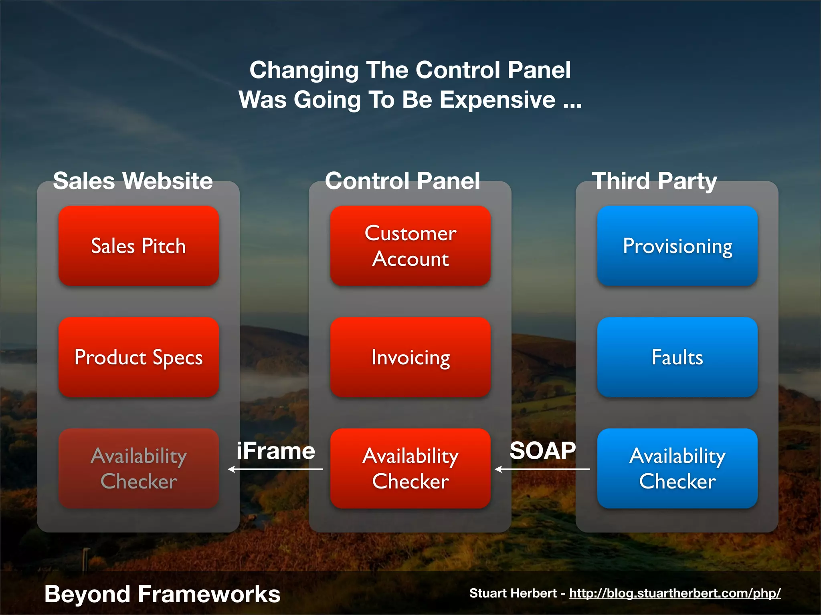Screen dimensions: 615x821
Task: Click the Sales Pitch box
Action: pos(139,246)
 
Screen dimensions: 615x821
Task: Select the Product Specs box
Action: pos(139,357)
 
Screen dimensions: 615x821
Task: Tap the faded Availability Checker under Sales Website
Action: pos(139,468)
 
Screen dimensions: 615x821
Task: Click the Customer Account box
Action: pos(410,246)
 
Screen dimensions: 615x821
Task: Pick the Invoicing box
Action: pos(410,357)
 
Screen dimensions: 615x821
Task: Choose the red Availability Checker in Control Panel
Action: pos(410,468)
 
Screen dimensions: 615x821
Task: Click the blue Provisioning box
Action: pos(677,246)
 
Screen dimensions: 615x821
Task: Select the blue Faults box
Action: pos(677,357)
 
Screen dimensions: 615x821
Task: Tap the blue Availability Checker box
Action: pos(677,468)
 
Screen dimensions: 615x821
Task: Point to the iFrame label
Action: pos(276,451)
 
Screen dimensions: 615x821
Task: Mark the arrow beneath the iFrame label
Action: pos(275,469)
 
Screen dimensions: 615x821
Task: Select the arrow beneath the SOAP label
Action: pos(542,469)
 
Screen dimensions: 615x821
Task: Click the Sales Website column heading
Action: pos(133,181)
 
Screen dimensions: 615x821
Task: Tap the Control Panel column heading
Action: pos(402,181)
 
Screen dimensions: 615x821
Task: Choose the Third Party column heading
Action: pos(654,181)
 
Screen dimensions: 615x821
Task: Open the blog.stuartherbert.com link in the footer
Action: pos(675,593)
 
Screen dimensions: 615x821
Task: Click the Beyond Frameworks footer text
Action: pos(162,594)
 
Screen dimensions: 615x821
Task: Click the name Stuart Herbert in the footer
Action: pos(513,593)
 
